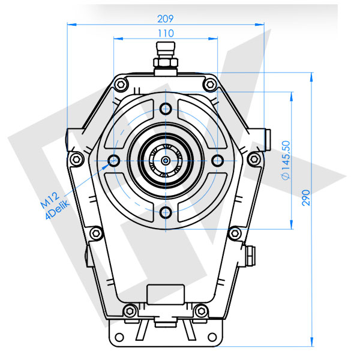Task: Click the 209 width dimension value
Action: pyautogui.click(x=166, y=18)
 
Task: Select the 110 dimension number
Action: pyautogui.click(x=166, y=33)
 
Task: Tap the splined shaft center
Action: pyautogui.click(x=166, y=160)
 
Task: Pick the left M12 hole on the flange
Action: pyautogui.click(x=113, y=160)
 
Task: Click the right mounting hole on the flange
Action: pyautogui.click(x=217, y=160)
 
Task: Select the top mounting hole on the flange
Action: pyautogui.click(x=166, y=109)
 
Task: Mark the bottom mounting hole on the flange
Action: pyautogui.click(x=166, y=212)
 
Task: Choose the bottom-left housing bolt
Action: pyautogui.click(x=127, y=310)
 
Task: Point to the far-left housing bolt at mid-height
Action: pyautogui.click(x=76, y=159)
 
